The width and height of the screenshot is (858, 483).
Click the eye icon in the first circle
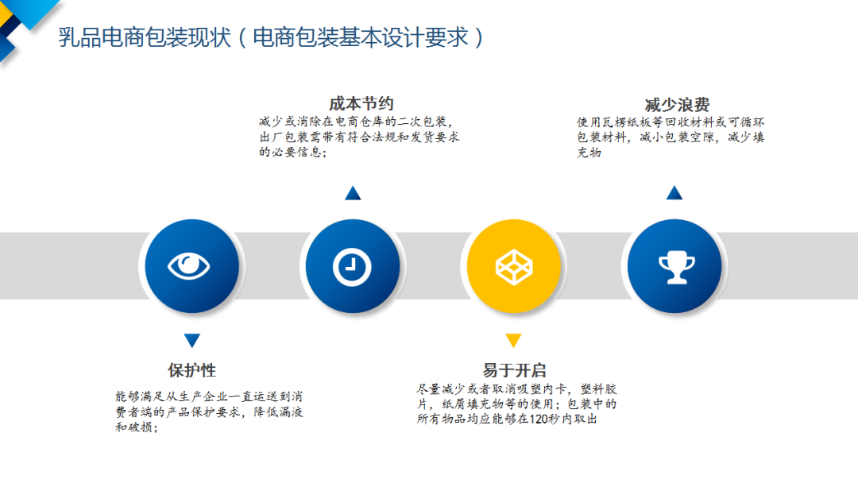189,266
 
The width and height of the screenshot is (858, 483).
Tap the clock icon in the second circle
352,267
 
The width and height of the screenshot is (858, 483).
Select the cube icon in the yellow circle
514,267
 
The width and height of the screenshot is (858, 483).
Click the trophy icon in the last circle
676,267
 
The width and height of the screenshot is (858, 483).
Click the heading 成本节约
361,103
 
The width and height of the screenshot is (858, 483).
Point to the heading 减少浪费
677,105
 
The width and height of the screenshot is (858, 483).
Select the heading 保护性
191,370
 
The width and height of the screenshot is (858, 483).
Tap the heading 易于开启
514,370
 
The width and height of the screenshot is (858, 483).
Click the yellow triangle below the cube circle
513,340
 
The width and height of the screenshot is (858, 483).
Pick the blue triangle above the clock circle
353,193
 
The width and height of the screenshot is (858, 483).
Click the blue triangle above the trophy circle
674,192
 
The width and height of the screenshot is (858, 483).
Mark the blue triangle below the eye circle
192,340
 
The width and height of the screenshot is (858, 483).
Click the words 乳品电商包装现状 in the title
145,37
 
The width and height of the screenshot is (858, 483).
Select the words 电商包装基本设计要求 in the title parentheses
361,37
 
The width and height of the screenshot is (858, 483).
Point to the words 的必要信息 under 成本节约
290,152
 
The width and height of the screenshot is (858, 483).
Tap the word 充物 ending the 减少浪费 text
589,152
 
